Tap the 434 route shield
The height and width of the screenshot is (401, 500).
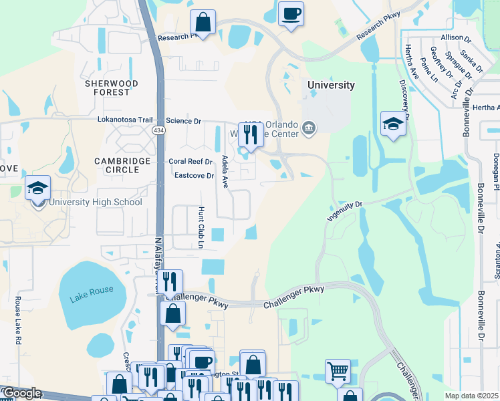(158, 129)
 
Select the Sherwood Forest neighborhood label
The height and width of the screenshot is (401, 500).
(112, 88)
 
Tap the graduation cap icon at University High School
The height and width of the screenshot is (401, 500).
(38, 188)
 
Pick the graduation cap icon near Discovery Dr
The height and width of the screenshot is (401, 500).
(392, 123)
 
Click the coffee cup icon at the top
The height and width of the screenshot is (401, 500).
(291, 13)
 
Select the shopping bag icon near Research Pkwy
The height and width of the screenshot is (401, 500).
(203, 22)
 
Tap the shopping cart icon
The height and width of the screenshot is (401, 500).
(338, 370)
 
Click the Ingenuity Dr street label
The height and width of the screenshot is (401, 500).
(344, 212)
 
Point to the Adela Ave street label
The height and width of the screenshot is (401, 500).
(225, 172)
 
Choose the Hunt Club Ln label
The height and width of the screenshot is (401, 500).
(200, 227)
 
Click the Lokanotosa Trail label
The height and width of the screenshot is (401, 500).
(125, 120)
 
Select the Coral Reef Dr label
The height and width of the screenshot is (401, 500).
(190, 161)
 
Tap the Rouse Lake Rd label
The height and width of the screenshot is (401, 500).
(18, 320)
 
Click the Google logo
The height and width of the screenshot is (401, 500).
(21, 394)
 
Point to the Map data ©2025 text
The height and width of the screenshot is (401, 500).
(471, 396)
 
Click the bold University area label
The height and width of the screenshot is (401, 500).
(331, 85)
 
